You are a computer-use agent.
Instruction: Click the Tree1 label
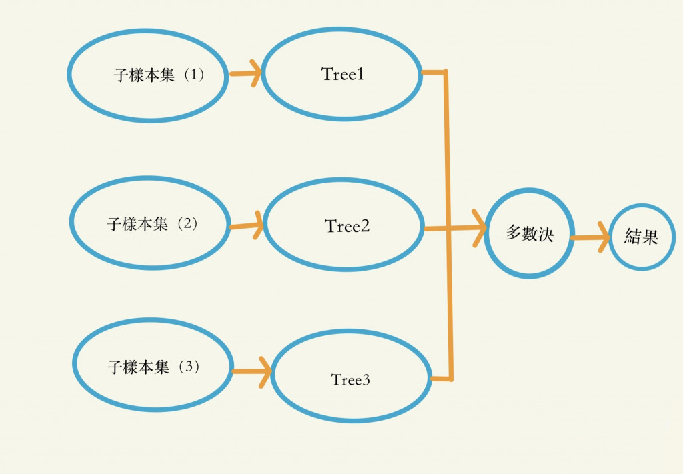[x=343, y=74]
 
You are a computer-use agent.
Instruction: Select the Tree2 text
[x=348, y=226]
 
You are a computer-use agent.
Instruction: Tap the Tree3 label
[x=350, y=380]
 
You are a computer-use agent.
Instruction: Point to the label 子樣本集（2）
[x=153, y=224]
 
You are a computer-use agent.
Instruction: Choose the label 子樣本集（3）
[x=154, y=367]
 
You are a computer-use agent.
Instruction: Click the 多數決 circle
[x=530, y=233]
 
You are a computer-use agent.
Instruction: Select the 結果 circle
[x=642, y=237]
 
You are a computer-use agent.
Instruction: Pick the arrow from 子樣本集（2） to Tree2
[x=247, y=225]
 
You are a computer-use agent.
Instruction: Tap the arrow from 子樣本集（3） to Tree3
[x=251, y=371]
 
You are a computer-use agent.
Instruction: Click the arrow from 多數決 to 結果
[x=591, y=237]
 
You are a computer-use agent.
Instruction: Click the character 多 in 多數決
[x=514, y=233]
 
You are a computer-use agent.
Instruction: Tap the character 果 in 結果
[x=650, y=237]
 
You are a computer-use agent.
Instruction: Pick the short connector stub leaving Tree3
[x=442, y=379]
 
